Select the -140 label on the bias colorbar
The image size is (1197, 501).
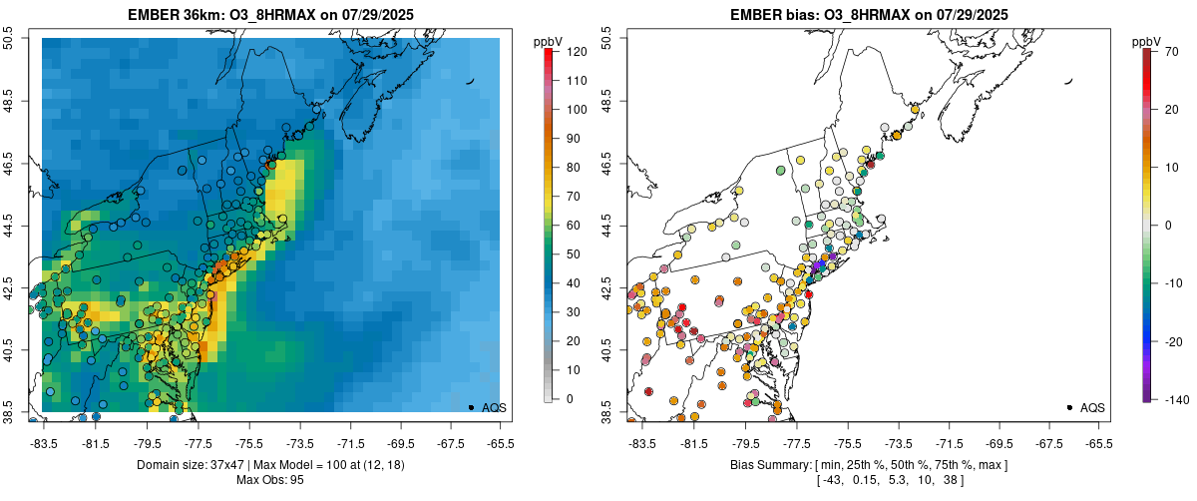pos(1175,399)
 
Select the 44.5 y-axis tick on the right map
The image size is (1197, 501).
pos(609,226)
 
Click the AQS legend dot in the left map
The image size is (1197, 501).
pos(471,407)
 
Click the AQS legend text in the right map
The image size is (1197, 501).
pos(1092,407)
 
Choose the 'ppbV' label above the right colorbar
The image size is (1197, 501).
pos(1147,41)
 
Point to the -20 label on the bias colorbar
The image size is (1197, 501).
pos(1173,341)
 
